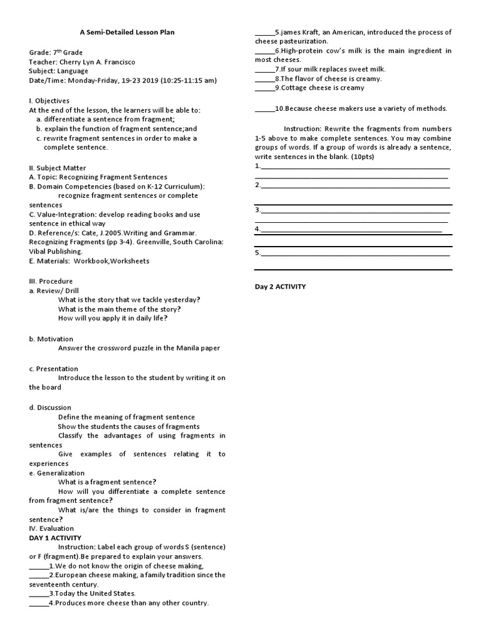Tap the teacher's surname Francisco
pos(116,62)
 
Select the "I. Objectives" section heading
pos(49,101)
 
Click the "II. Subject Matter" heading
pos(58,168)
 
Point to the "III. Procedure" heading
pos(51,281)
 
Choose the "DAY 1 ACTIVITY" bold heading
pos(55,538)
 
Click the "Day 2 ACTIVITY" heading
pos(280,287)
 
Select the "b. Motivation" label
pos(51,339)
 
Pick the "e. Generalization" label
pos(56,473)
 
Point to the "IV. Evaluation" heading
pos(51,528)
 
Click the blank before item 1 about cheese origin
pos(38,567)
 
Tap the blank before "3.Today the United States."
pos(38,594)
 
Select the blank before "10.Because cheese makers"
pos(264,110)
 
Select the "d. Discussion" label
pos(50,408)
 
